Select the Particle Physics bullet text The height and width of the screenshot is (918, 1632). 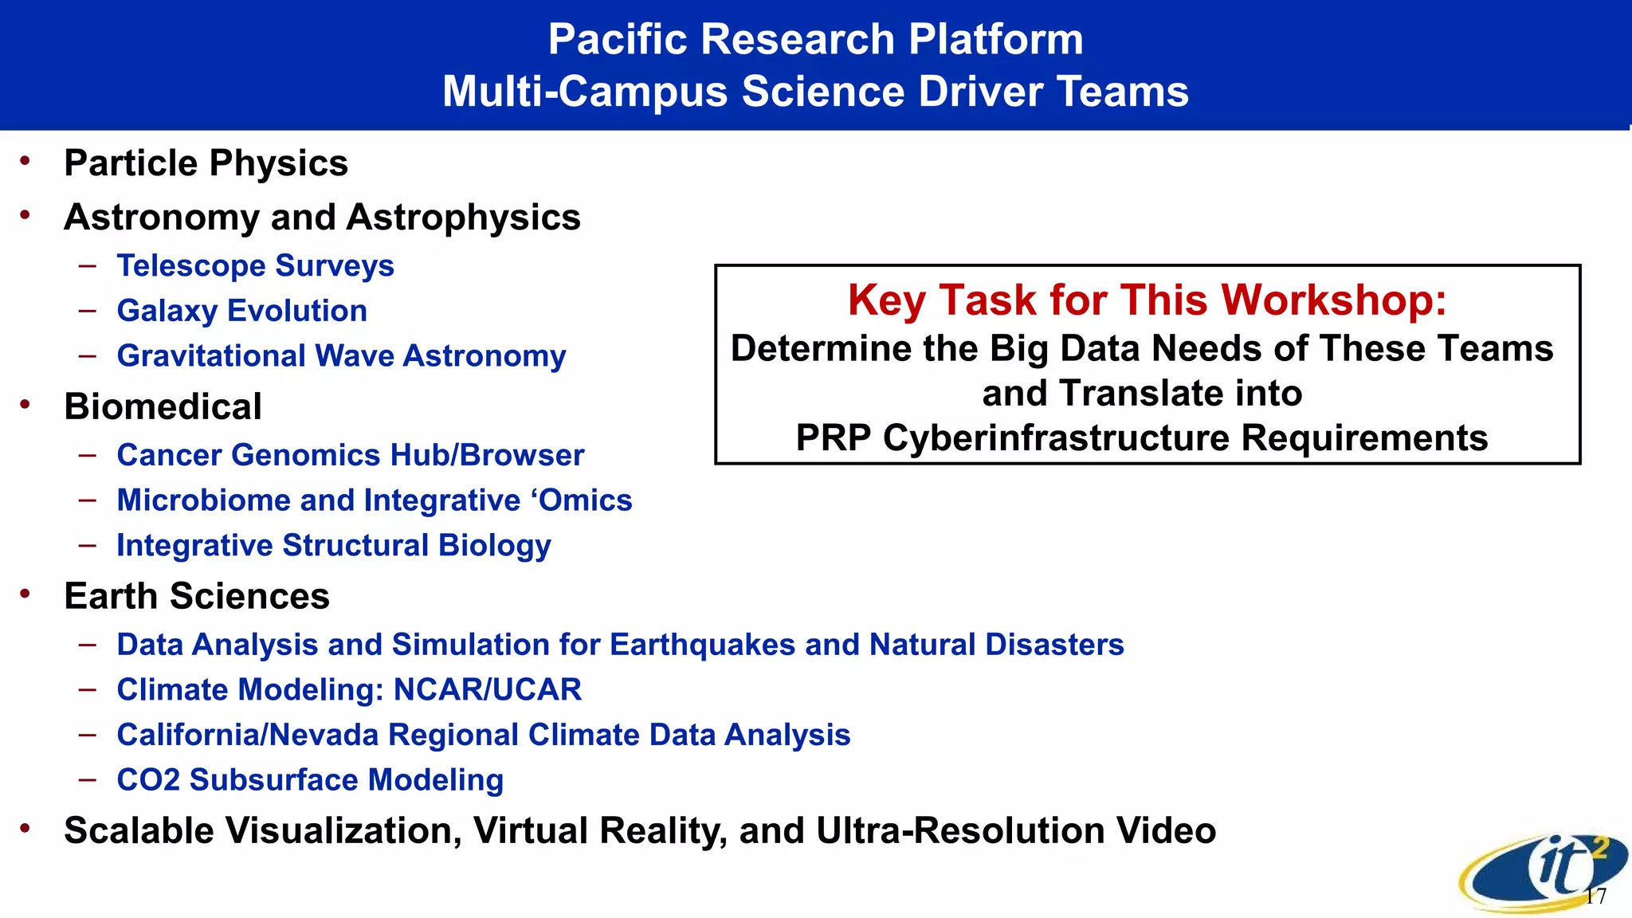206,163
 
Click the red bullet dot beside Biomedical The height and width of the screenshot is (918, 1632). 25,404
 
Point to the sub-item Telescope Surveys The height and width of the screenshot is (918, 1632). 255,265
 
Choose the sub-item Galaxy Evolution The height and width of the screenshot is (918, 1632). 241,311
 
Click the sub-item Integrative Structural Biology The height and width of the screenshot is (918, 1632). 333,546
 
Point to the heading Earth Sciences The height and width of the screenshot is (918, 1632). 196,596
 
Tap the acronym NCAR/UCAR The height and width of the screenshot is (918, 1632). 487,690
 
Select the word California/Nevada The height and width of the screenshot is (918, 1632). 247,735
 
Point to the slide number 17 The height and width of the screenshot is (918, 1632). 1595,896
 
